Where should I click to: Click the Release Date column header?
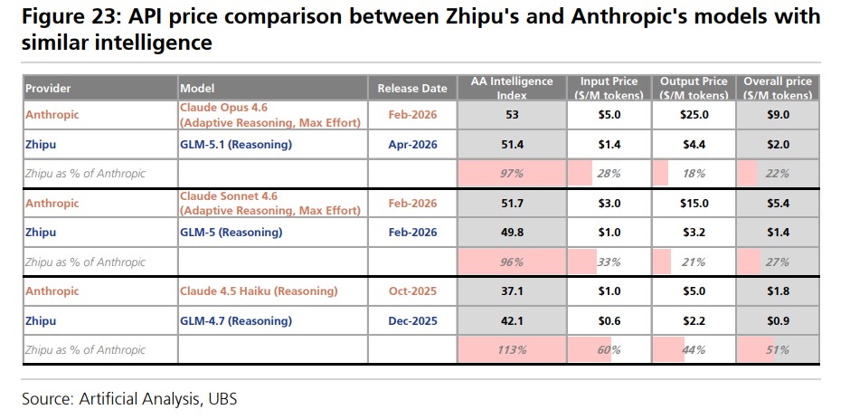click(412, 89)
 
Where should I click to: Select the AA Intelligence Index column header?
click(512, 88)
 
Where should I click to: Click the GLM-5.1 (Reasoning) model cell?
click(235, 144)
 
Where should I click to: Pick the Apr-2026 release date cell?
click(412, 144)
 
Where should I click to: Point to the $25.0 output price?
click(694, 115)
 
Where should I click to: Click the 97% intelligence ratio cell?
click(512, 173)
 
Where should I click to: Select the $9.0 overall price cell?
click(778, 115)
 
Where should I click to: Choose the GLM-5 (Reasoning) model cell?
click(231, 233)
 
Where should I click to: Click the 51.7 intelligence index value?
click(512, 204)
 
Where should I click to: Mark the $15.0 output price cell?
click(694, 204)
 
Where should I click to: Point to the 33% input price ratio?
click(609, 262)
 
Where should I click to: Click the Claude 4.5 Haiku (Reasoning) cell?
click(258, 291)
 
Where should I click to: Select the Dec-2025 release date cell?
click(412, 320)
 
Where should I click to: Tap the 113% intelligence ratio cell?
click(512, 349)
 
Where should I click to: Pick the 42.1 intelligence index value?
click(512, 320)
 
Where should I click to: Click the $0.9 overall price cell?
click(778, 320)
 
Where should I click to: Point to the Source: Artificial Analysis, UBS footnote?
click(129, 398)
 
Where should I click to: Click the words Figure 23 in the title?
click(66, 16)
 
